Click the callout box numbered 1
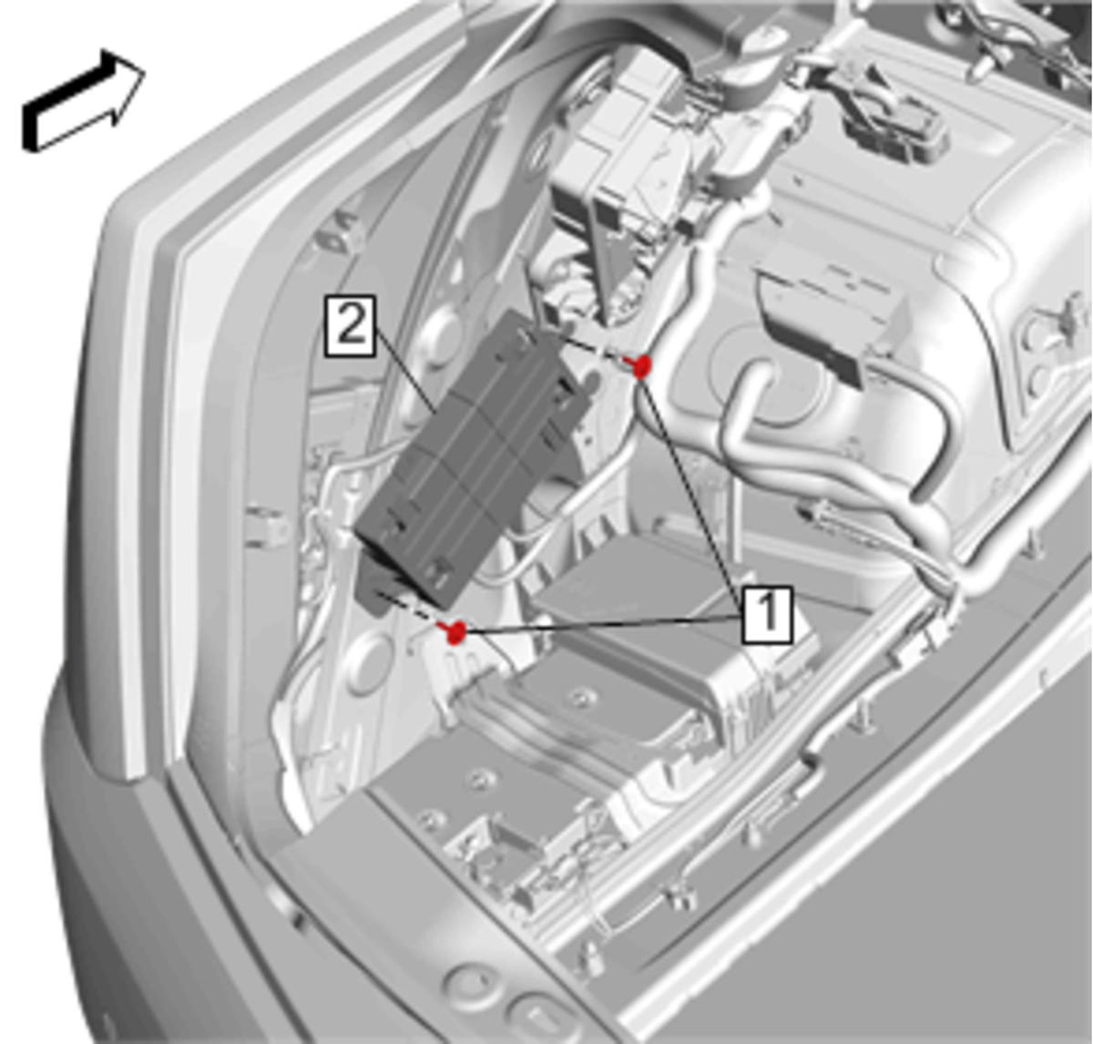pos(767,615)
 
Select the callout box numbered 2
pos(350,327)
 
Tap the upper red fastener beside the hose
pos(641,366)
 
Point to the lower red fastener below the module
pos(455,632)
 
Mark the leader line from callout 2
pos(405,371)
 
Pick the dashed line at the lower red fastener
pos(410,609)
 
